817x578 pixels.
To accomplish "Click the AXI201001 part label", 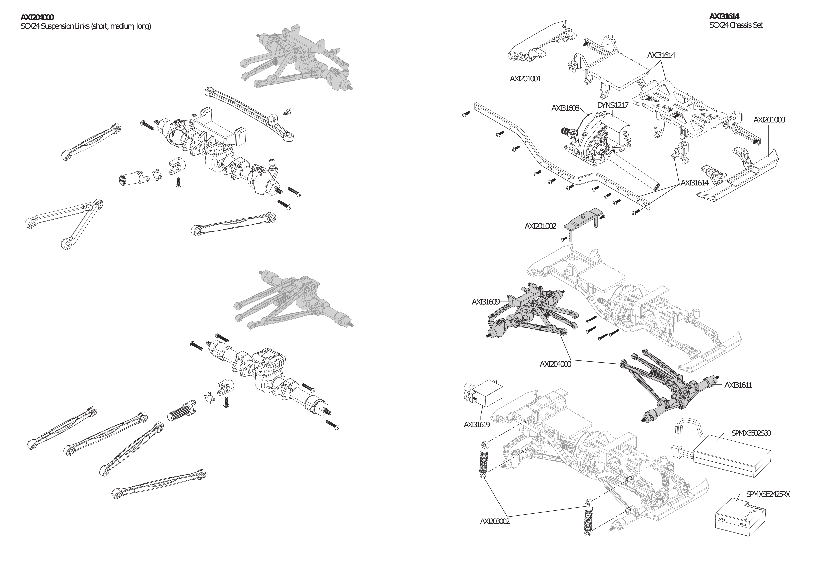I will click(x=525, y=79).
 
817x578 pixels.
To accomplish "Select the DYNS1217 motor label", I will click(x=612, y=105).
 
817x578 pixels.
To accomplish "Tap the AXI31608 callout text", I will click(x=565, y=108).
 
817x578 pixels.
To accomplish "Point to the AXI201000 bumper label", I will click(x=768, y=120).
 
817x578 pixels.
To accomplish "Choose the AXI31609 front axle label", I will click(x=485, y=302).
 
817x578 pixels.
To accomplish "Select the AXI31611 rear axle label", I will click(x=738, y=385).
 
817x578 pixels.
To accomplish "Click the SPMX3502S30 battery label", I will click(x=751, y=433).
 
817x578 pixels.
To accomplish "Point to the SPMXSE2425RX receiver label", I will click(x=768, y=494).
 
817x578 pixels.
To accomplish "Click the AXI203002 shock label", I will click(x=495, y=521).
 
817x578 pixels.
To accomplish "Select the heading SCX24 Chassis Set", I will click(x=736, y=25).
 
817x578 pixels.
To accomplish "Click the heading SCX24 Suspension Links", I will click(x=86, y=26).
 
